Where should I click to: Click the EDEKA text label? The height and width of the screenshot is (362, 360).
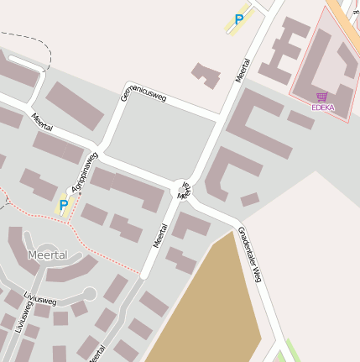pos(323,108)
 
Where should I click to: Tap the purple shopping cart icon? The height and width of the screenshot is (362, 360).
pos(322,97)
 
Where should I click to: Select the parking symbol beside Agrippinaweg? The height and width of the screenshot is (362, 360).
pos(63,205)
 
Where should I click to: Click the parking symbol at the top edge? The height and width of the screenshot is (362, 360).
pos(239,19)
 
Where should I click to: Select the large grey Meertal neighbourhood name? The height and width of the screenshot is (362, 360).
pos(47,254)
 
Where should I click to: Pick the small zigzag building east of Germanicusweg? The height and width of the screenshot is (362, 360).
pos(206,75)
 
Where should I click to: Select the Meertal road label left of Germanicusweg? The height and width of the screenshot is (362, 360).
pos(42,122)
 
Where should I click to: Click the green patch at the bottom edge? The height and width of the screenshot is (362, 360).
pos(287,352)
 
